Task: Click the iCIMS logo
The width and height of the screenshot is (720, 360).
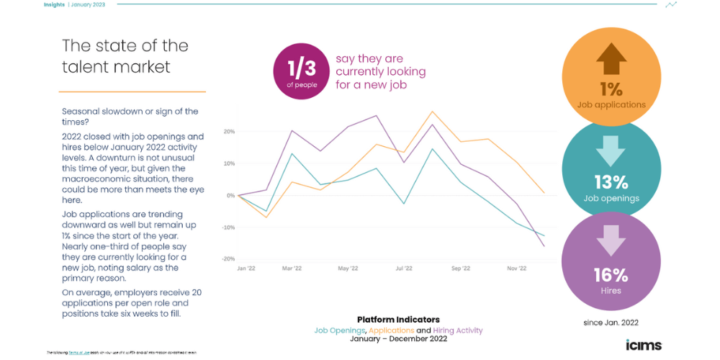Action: [x=643, y=344]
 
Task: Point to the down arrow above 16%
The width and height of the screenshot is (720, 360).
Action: [x=611, y=242]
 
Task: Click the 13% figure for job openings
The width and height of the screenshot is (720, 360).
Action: [x=611, y=181]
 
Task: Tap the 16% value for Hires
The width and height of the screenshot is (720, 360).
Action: [x=611, y=274]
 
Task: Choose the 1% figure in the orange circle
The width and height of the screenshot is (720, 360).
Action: [x=611, y=89]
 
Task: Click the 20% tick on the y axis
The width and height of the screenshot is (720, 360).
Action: [x=229, y=132]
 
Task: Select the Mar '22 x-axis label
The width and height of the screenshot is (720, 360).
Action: [x=292, y=269]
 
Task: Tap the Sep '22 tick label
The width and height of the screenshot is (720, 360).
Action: [x=460, y=269]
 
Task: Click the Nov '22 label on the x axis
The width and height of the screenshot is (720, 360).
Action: [x=516, y=269]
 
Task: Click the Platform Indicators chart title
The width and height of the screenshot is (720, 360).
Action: [x=398, y=320]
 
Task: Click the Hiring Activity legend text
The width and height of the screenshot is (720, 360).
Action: [x=458, y=330]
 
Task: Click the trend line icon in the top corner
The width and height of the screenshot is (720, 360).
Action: [x=671, y=4]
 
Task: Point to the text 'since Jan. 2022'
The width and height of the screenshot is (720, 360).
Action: [x=611, y=323]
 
